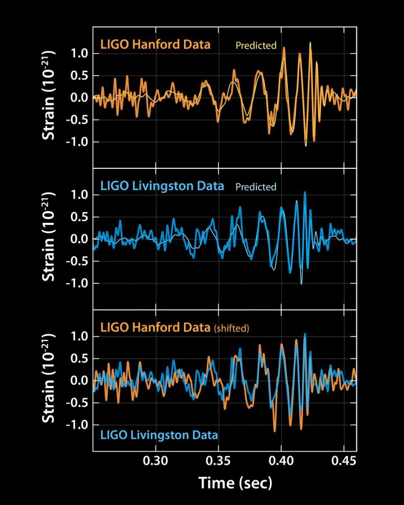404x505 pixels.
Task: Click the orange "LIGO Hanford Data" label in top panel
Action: click(155, 44)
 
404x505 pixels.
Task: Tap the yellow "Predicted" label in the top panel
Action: click(255, 45)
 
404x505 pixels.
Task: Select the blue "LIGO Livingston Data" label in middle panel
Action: click(162, 186)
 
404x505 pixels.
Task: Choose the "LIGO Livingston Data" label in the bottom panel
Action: click(159, 434)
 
